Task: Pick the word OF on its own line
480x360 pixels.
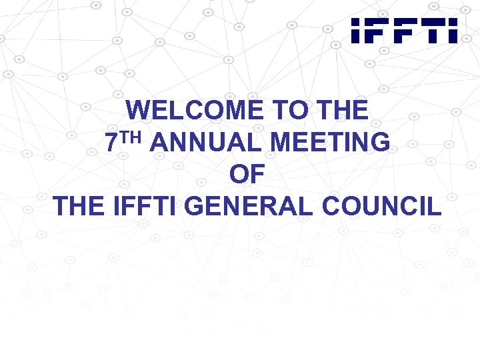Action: [247, 175]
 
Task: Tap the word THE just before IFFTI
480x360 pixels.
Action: [82, 207]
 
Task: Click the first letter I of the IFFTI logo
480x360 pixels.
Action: [356, 31]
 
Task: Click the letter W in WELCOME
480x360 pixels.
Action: [139, 111]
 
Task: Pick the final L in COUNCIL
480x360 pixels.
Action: [434, 207]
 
